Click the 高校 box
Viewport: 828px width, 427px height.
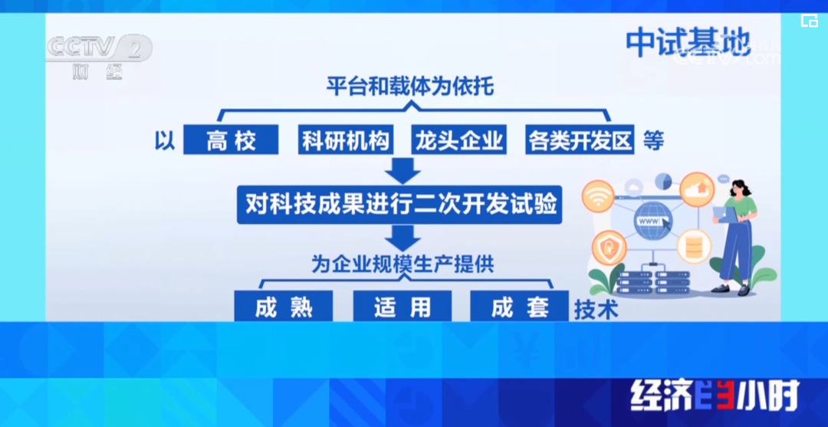pos(231,140)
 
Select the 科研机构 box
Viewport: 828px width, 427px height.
pos(346,140)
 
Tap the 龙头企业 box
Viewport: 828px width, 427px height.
pos(458,140)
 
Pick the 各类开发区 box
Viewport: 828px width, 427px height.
pos(580,140)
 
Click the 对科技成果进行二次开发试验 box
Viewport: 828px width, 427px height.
pos(401,205)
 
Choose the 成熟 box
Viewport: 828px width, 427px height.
pos(284,307)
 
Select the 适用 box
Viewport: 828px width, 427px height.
pos(402,307)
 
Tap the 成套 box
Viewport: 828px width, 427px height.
pos(519,307)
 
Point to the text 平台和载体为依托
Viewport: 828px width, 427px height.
pos(409,85)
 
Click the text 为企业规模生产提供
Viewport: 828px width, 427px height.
pos(402,264)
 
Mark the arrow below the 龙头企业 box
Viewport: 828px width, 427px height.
pos(401,170)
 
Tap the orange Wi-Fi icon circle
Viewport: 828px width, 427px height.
pos(598,196)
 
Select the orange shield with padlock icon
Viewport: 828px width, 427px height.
pos(611,247)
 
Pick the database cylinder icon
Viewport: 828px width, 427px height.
pos(695,245)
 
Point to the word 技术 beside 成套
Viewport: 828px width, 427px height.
pos(596,308)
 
